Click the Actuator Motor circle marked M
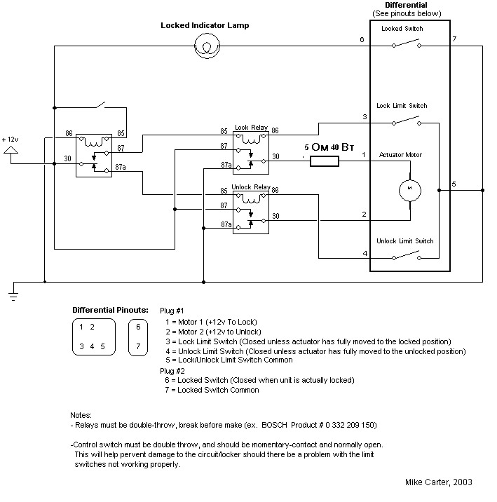point(408,189)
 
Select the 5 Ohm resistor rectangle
point(324,162)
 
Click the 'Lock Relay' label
point(251,127)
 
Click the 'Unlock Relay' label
point(251,188)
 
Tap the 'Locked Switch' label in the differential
point(402,29)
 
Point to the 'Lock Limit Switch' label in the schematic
point(402,106)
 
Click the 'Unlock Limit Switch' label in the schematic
point(405,240)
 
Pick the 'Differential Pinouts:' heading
point(110,309)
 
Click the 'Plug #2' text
point(172,370)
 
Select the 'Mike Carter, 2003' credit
point(438,482)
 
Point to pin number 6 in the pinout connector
point(138,327)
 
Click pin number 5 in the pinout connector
point(102,346)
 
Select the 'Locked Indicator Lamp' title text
point(205,25)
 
